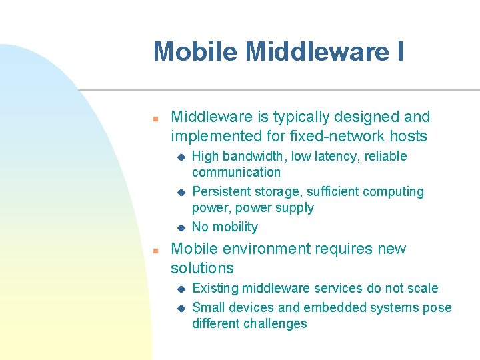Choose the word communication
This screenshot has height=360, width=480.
point(236,173)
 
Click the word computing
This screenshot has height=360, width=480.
point(394,192)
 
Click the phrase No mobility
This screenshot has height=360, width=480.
point(225,227)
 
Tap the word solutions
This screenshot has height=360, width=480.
point(202,269)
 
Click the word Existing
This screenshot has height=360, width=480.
point(215,289)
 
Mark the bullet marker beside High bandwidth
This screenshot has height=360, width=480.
point(179,157)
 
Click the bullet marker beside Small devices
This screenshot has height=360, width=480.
point(179,308)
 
